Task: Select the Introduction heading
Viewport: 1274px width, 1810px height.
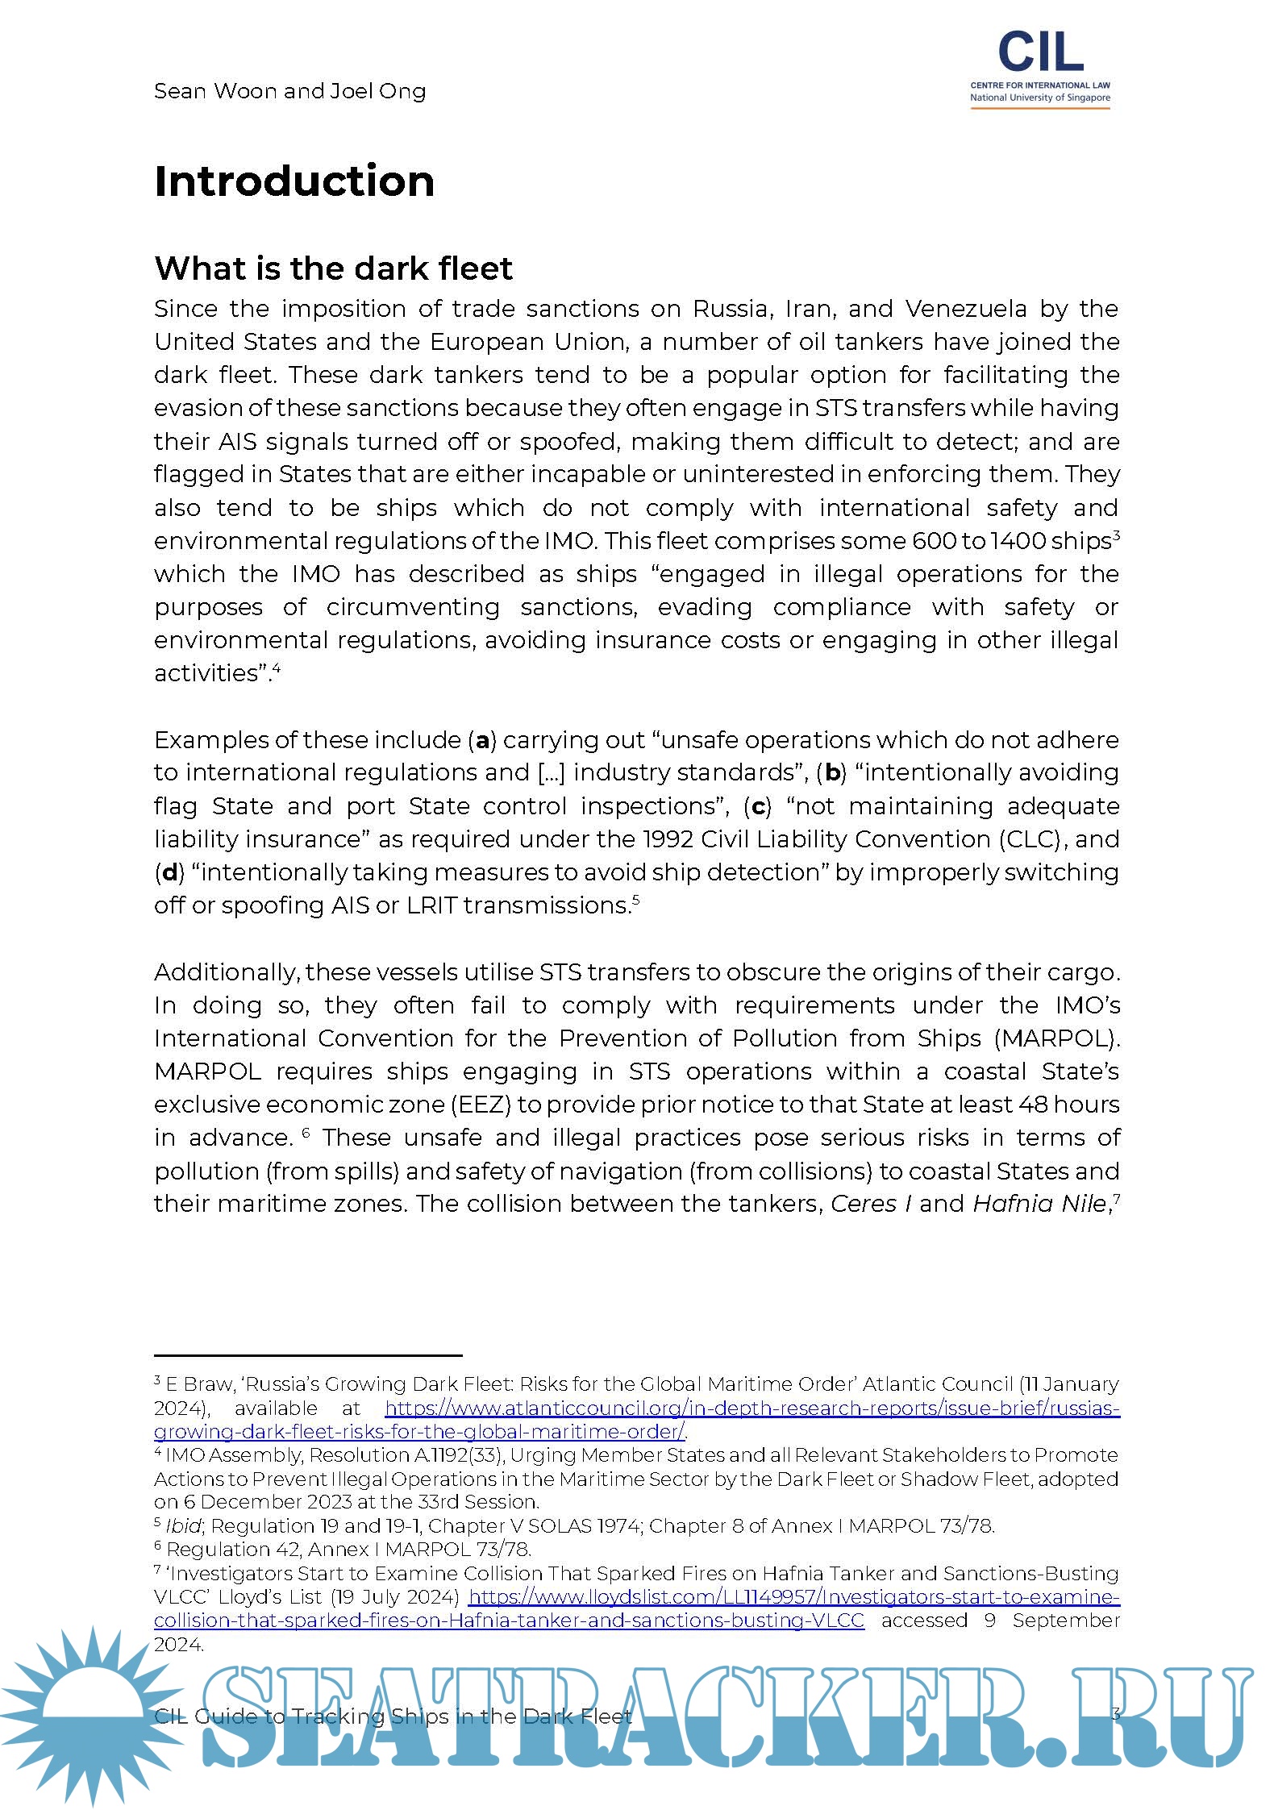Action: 294,181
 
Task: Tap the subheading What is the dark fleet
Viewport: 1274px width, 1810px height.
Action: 333,268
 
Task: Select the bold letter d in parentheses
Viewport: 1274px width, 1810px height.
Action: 169,872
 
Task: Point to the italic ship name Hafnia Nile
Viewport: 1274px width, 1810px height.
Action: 1039,1205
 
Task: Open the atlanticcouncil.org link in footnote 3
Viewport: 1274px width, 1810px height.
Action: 750,1408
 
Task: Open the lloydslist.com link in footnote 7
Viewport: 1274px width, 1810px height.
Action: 793,1597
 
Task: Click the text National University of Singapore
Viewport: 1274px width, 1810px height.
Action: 1039,98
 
